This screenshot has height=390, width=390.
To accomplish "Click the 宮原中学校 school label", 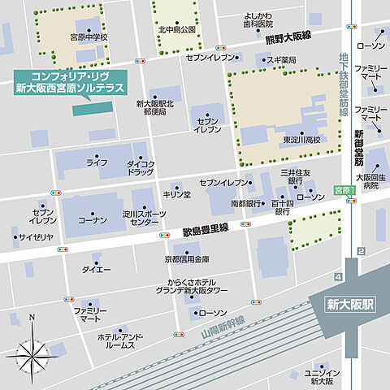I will pyautogui.click(x=89, y=37).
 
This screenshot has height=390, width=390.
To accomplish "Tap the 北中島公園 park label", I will pyautogui.click(x=176, y=30).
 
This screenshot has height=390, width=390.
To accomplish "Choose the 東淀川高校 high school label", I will pyautogui.click(x=301, y=140).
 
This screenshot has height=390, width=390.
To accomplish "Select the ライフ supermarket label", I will pyautogui.click(x=97, y=162).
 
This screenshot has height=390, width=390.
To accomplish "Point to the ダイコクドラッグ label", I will pyautogui.click(x=141, y=169).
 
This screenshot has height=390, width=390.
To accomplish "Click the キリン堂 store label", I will pyautogui.click(x=175, y=195).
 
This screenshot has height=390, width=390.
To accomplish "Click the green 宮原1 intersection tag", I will pyautogui.click(x=344, y=190).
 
